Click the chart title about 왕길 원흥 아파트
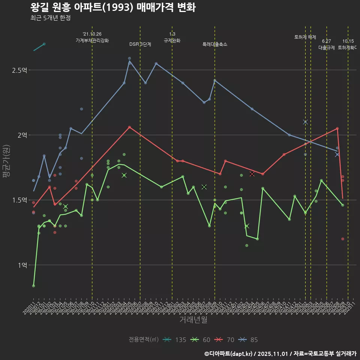click(x=112, y=7)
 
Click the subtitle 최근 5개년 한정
click(x=51, y=18)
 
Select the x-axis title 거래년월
click(x=193, y=319)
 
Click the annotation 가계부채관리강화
click(x=92, y=40)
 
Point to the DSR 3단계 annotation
click(x=140, y=44)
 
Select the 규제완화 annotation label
click(x=172, y=40)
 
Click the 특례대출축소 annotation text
click(x=215, y=44)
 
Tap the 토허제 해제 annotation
click(x=305, y=37)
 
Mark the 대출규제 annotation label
click(x=327, y=48)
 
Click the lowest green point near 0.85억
click(x=34, y=286)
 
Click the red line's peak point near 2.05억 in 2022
click(x=129, y=127)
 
